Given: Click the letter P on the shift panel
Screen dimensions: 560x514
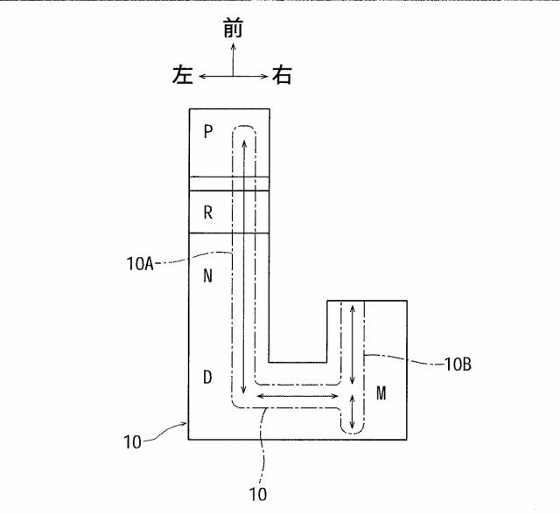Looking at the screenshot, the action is (208, 132).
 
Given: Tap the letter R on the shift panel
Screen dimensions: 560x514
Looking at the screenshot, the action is (208, 213).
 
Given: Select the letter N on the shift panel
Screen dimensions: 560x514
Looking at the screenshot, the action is (208, 275).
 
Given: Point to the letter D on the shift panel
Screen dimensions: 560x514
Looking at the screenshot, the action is (207, 377).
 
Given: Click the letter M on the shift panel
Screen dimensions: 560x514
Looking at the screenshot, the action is (381, 393).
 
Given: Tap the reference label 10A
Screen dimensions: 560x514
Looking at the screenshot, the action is (140, 264).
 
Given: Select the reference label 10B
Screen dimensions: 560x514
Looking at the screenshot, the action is (458, 365).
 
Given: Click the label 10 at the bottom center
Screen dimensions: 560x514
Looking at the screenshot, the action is (257, 494).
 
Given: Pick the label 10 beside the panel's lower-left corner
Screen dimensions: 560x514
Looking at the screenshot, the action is (132, 442).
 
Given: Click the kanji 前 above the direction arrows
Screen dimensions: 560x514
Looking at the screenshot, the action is (234, 28).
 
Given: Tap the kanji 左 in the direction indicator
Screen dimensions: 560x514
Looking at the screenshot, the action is (183, 75).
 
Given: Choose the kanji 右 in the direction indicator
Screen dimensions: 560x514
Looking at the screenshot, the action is (282, 75).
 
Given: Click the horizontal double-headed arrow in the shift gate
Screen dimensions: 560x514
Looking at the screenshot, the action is (297, 396).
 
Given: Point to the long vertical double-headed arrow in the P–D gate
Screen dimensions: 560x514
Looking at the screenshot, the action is (244, 267).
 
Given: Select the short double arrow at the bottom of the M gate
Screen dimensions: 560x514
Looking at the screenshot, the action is (352, 411).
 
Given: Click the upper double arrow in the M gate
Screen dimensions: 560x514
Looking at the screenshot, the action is (353, 344).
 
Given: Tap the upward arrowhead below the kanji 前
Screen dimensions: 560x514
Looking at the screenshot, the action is (234, 46).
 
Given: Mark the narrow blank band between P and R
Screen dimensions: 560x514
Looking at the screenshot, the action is (229, 184).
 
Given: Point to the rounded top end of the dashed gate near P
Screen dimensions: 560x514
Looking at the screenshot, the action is (244, 126).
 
